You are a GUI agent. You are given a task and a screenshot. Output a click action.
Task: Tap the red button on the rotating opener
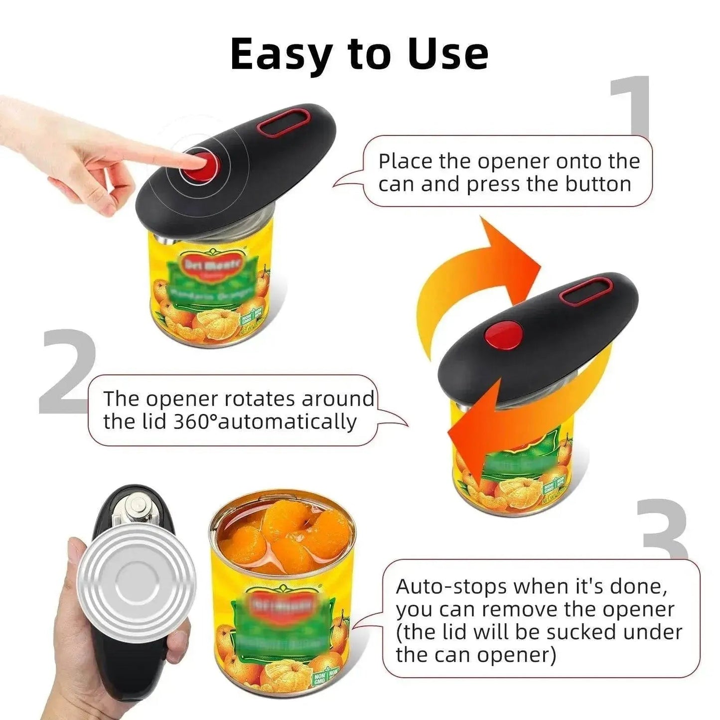(x=504, y=334)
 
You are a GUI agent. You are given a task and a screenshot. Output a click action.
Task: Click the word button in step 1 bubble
(x=598, y=184)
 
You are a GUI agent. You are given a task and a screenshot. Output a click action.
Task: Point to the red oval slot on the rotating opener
(x=585, y=291)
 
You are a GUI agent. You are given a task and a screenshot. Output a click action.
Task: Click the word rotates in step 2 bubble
(x=259, y=399)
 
